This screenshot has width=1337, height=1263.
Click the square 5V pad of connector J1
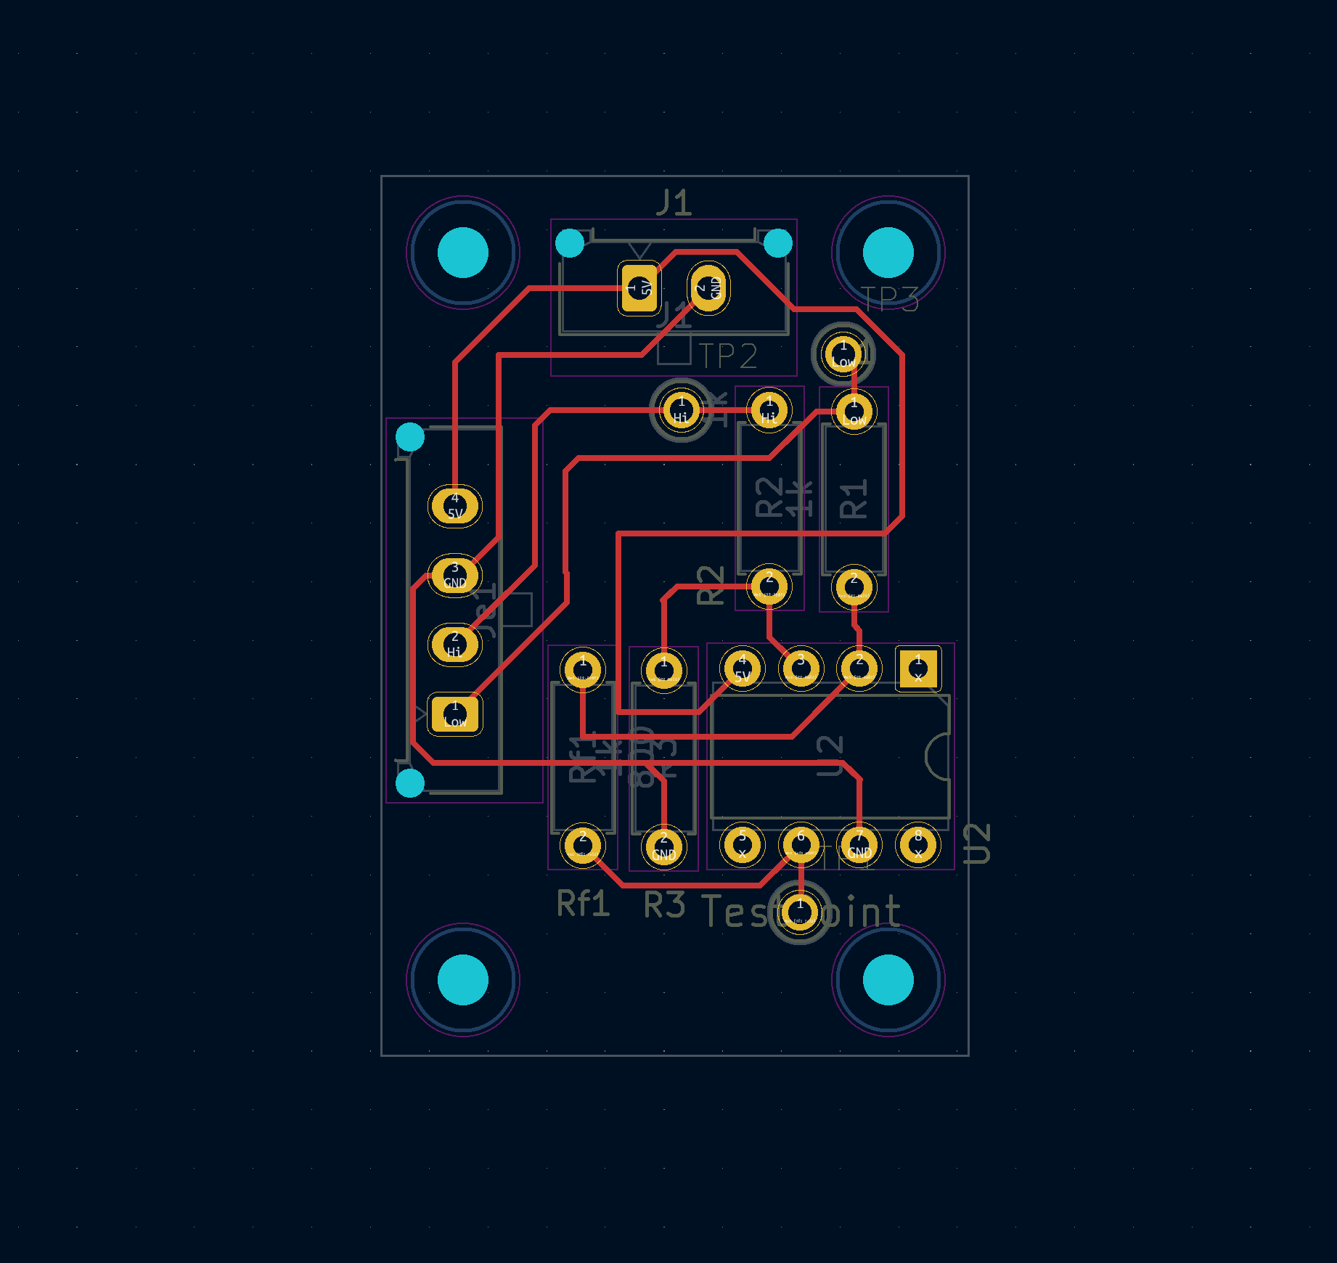pos(639,289)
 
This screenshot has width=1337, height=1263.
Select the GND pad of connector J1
pos(708,289)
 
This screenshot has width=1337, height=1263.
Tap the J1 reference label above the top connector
pos(674,203)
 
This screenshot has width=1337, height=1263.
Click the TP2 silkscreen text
pos(728,356)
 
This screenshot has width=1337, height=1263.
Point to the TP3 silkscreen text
pos(890,299)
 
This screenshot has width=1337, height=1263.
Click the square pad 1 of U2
pos(917,668)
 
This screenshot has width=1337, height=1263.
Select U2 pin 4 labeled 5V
pos(742,668)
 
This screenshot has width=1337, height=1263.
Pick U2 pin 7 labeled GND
pos(859,845)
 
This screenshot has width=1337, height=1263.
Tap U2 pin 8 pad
pos(918,845)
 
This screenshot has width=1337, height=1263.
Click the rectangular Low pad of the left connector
pos(455,714)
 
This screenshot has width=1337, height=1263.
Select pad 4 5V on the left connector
pos(455,506)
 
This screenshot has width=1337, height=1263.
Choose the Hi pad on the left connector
pos(455,645)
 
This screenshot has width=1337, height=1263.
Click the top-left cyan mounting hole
pos(463,253)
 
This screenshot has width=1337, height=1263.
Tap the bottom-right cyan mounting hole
pos(888,980)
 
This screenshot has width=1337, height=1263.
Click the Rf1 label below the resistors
pos(583,904)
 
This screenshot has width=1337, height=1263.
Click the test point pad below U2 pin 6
pos(800,912)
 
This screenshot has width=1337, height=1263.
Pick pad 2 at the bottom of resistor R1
pos(854,586)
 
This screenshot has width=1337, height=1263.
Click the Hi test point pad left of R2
pos(681,411)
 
